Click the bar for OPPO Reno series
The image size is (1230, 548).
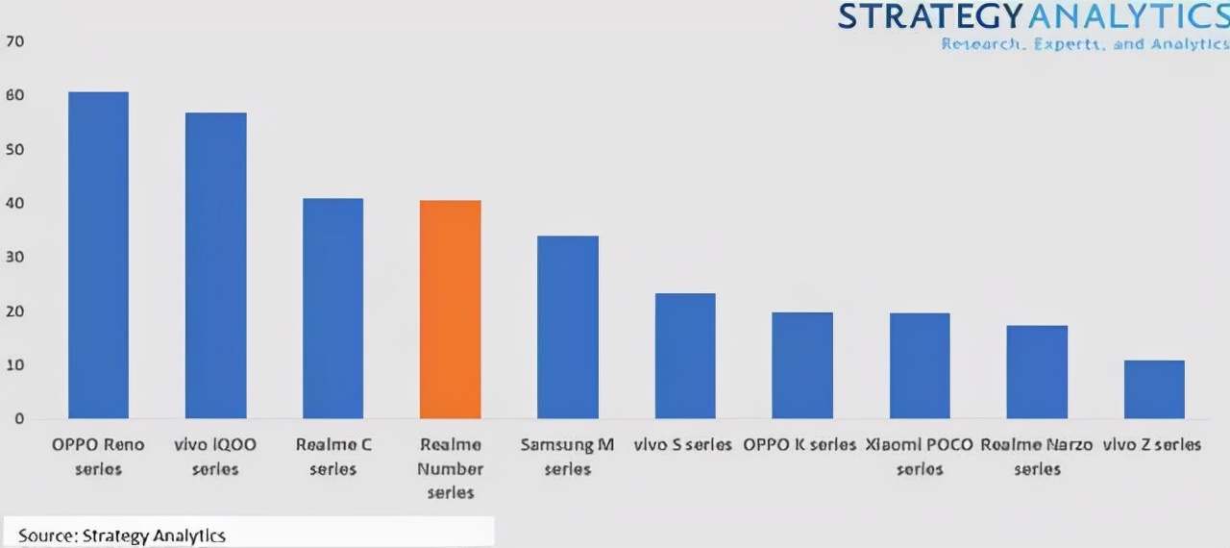coord(98,256)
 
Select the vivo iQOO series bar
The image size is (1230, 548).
coord(215,266)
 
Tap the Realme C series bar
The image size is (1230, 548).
coord(332,309)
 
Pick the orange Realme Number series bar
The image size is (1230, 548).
coord(451,310)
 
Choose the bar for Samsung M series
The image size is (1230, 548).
coord(568,327)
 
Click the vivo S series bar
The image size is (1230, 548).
coord(685,356)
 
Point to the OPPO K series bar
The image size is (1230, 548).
coord(802,365)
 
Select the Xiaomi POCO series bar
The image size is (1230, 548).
coord(920,366)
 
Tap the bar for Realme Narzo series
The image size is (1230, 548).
coord(1037,372)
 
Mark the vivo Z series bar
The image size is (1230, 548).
coord(1154,389)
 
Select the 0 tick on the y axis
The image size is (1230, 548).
coord(18,419)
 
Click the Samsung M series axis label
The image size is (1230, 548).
coord(567,457)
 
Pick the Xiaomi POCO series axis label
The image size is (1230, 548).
coord(920,457)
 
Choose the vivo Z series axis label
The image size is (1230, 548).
coord(1152,445)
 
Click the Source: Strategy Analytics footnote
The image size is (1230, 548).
coord(122,536)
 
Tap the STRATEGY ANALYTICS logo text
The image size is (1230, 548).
coord(1033,16)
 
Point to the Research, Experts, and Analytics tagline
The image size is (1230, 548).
coord(1085,44)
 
